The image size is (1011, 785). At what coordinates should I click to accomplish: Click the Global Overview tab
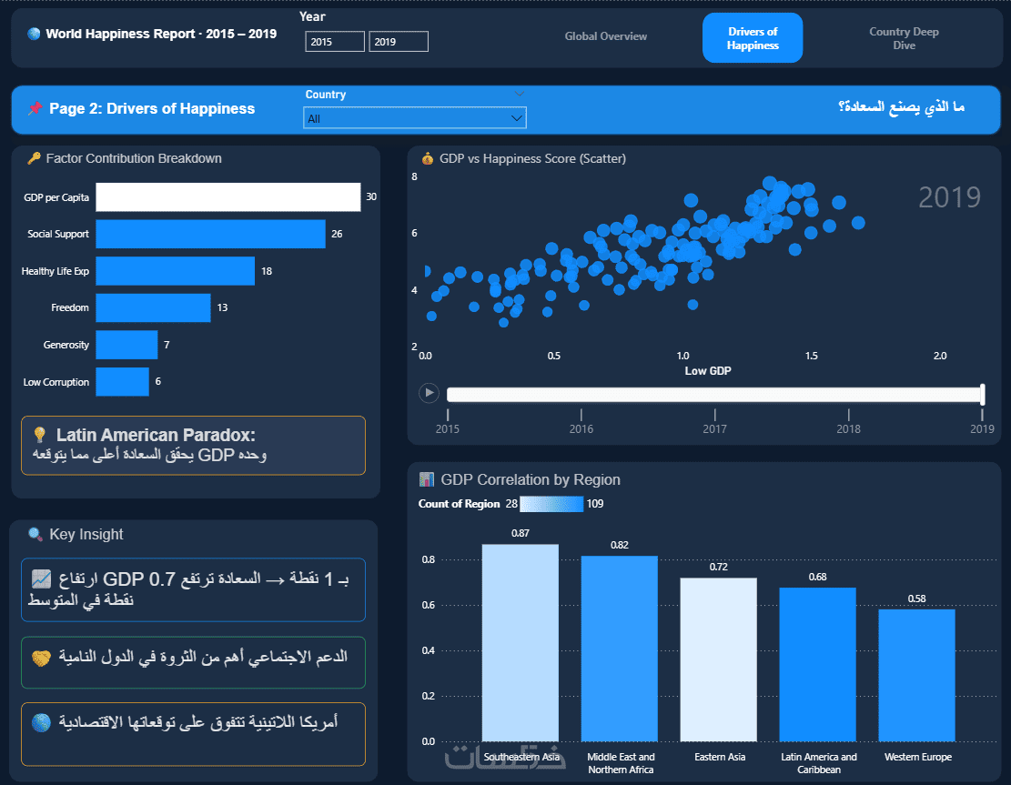605,36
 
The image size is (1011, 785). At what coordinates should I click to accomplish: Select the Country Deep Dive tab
904,38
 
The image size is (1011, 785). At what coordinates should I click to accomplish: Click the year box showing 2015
335,41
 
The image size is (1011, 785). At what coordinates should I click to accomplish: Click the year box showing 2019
399,41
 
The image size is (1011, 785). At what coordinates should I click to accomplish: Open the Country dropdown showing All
415,118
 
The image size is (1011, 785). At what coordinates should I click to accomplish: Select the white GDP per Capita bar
228,197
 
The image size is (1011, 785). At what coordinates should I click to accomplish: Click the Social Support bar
211,234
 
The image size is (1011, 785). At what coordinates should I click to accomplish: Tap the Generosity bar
127,345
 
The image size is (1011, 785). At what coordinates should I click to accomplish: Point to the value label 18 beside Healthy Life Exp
267,271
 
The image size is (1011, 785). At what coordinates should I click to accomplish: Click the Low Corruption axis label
56,382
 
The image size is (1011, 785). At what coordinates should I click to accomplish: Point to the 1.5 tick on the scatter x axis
811,356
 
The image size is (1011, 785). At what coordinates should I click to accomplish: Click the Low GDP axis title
708,370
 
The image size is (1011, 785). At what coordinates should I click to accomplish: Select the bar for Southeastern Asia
521,642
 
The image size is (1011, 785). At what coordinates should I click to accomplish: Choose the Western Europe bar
916,675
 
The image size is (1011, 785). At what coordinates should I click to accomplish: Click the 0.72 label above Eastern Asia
718,568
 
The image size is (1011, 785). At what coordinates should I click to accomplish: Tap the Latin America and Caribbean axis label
819,763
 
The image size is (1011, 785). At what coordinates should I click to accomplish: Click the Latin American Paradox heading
156,435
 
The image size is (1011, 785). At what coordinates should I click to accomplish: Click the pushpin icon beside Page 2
35,108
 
